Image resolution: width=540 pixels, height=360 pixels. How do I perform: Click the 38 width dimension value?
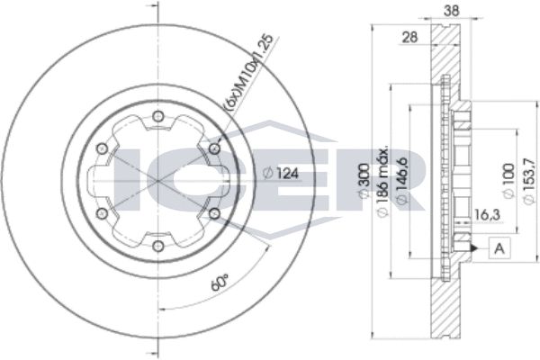point(451,11)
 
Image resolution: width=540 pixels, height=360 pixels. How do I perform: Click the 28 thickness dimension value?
point(410,37)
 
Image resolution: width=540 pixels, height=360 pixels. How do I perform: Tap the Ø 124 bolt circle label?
point(280,174)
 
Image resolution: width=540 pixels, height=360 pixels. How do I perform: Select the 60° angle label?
point(220,282)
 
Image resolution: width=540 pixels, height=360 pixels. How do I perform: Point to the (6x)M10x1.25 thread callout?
point(248,72)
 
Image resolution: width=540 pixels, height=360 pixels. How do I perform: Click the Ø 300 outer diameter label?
point(364,181)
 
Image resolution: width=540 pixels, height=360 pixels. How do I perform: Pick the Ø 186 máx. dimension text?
point(382,182)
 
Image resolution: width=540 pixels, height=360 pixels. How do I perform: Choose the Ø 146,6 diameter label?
point(402,182)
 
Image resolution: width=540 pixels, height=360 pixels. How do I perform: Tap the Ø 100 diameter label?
point(509,181)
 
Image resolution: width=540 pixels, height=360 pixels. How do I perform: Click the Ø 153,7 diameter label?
point(529,182)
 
